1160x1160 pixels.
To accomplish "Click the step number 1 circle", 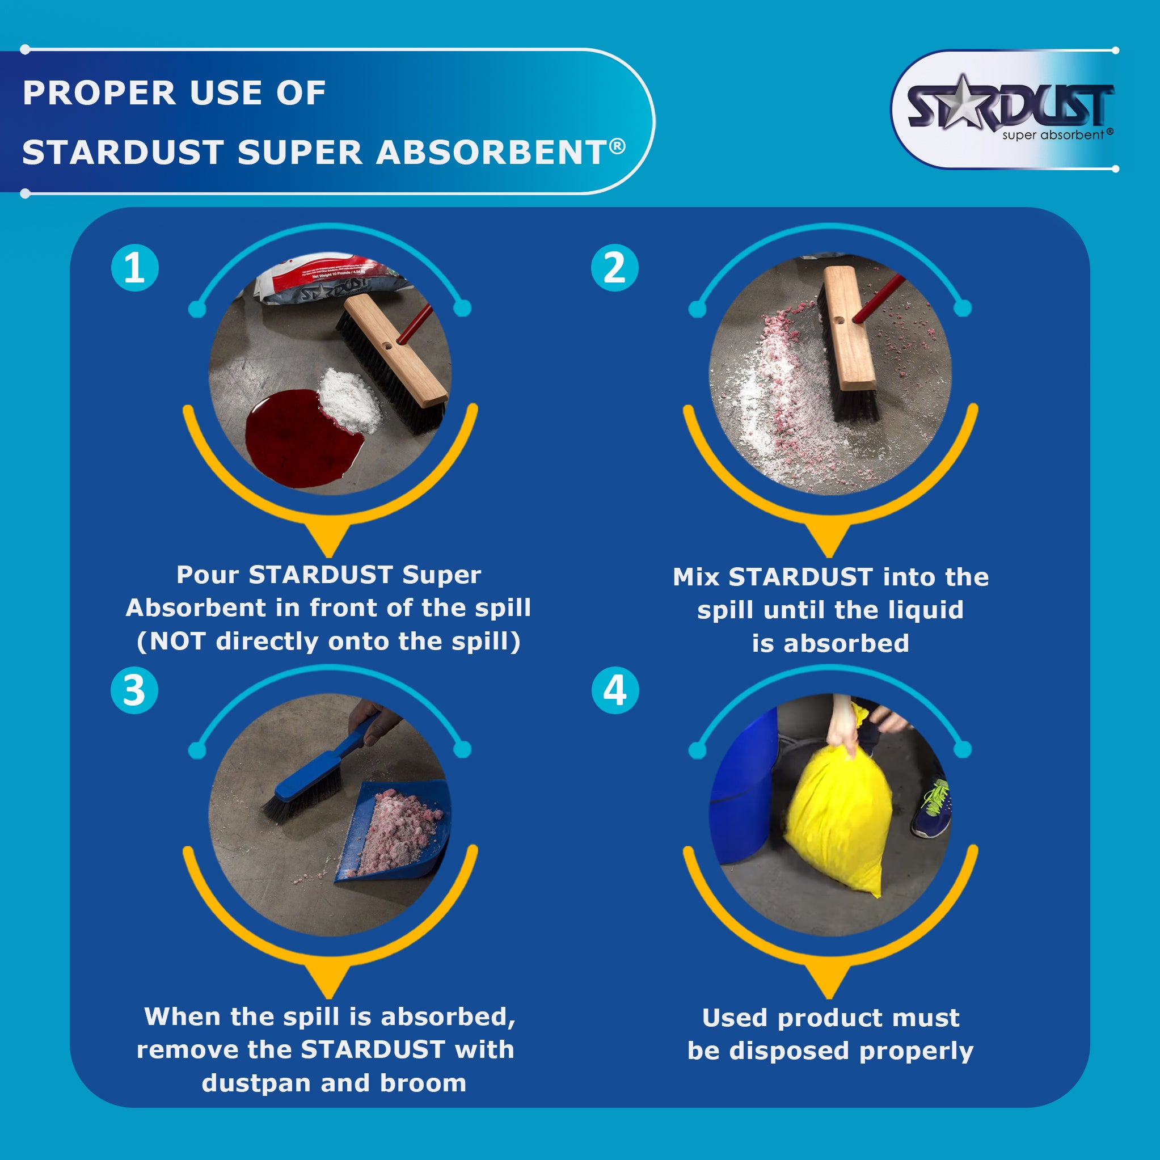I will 135,268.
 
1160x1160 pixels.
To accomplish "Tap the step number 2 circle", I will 614,268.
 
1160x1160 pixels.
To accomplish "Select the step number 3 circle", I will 134,690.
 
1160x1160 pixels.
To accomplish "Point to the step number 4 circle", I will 615,690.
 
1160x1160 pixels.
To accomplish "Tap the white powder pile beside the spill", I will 351,399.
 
